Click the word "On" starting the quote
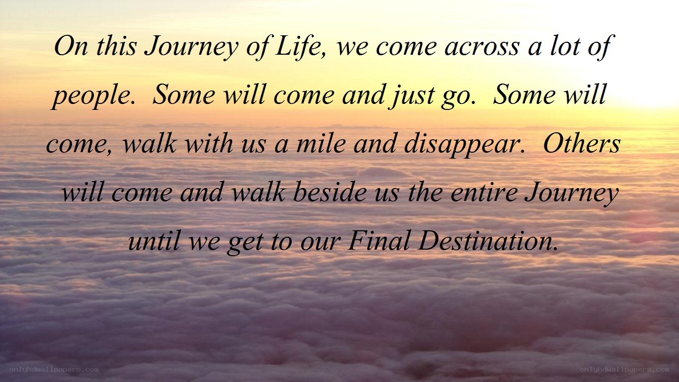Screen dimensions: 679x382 71,46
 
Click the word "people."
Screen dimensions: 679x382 93,96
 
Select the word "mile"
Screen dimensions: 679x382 321,143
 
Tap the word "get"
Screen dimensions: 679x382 246,242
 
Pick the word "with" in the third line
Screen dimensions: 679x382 209,143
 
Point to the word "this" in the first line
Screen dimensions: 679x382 116,46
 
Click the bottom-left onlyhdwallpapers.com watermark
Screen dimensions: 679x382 54,370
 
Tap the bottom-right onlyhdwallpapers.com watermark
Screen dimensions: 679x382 624,370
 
